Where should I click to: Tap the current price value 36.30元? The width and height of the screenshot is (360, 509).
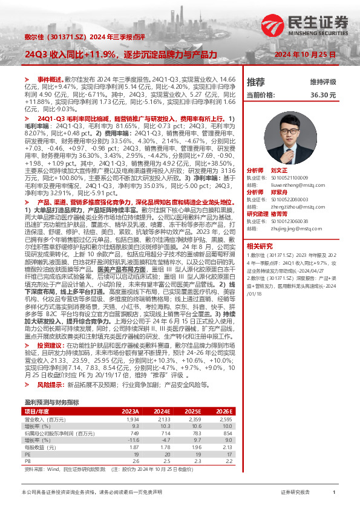coord(322,95)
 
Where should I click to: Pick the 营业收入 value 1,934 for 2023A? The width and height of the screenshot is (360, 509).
coord(133,418)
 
